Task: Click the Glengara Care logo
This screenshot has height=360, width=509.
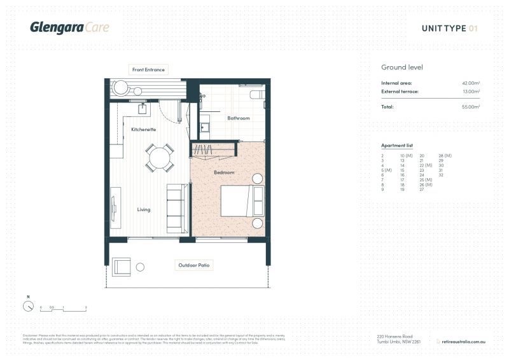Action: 69,27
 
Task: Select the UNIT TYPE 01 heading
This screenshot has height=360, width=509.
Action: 449,28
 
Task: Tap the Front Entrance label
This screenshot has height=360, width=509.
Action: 148,69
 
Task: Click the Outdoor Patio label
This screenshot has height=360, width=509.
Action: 195,265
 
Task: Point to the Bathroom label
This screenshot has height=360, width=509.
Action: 239,118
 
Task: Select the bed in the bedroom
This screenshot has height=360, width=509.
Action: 242,201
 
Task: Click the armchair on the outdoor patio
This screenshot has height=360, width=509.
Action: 122,267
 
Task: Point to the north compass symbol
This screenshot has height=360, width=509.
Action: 28,305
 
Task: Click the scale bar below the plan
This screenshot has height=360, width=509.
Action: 63,309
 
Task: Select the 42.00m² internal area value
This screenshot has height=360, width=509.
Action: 470,83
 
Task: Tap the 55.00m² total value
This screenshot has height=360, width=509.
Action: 470,107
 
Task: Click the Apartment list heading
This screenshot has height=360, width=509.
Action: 396,146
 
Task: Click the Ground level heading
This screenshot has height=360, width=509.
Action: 402,67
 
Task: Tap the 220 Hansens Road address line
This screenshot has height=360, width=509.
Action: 395,336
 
